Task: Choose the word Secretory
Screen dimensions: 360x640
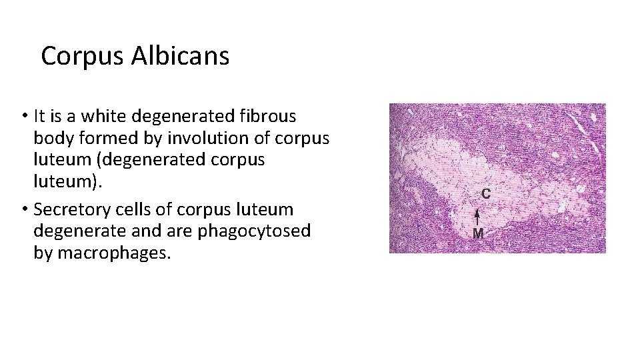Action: point(67,209)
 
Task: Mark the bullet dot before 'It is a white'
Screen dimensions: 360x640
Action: point(23,117)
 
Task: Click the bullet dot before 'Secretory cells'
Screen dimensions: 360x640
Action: point(23,210)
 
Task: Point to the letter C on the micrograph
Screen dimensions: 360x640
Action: point(487,194)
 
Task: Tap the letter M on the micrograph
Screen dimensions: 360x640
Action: point(478,233)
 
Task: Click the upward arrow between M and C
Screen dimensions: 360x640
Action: point(477,217)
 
